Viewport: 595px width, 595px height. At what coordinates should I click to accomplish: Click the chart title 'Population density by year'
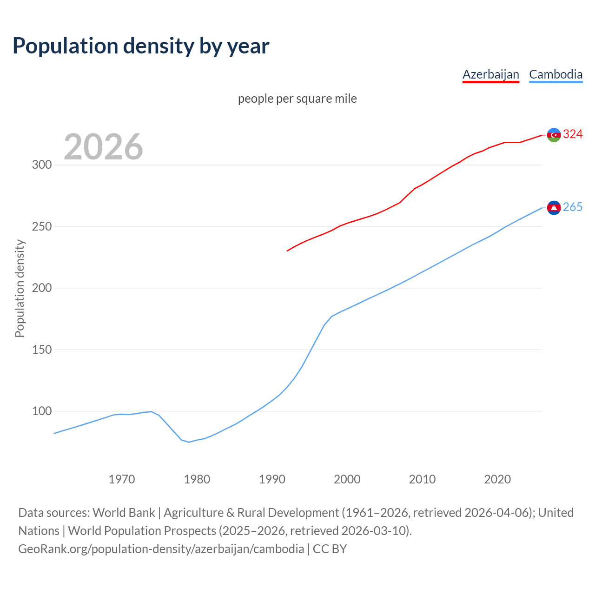(141, 46)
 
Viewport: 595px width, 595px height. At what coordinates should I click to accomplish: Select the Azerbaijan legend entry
(490, 74)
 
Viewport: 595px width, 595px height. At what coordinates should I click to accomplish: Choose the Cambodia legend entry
(555, 74)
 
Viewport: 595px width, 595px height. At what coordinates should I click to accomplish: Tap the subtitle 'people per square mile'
(297, 99)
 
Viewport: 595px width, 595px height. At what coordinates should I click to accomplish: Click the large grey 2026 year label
(103, 147)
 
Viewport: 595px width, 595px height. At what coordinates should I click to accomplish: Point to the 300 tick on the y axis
(41, 165)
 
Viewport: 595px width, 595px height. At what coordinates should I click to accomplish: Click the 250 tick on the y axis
(41, 227)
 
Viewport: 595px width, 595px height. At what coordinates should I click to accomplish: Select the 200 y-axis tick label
(41, 288)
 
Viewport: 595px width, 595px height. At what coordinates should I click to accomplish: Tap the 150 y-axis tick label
(41, 350)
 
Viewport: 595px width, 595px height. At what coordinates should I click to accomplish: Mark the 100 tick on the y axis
(41, 411)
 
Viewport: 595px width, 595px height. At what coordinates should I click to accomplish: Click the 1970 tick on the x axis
(122, 479)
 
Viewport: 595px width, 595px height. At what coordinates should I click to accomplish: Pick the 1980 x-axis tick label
(197, 479)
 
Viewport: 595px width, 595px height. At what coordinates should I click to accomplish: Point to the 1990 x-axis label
(272, 479)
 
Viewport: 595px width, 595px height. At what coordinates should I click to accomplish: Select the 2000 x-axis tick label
(347, 479)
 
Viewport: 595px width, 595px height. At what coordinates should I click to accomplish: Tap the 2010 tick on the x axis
(422, 479)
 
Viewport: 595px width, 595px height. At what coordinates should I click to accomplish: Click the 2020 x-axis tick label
(497, 479)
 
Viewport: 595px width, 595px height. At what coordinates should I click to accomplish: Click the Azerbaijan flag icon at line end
(554, 135)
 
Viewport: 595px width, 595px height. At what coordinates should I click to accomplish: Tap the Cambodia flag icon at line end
(554, 208)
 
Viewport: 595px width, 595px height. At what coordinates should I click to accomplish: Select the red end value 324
(573, 134)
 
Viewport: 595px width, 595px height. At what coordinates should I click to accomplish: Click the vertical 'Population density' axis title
(20, 288)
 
